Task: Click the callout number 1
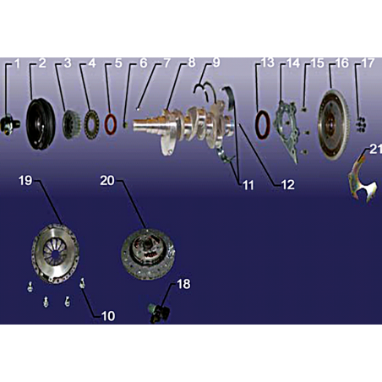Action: pos(18,63)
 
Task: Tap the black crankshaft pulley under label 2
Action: pos(41,123)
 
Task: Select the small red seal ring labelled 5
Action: pos(111,124)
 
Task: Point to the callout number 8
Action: pos(192,63)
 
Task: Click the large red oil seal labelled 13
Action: pos(263,125)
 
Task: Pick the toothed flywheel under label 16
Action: pos(334,124)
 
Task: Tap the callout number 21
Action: pos(375,150)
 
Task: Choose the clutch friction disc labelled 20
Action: pos(148,254)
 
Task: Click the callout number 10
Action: pos(108,316)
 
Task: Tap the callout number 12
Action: pos(287,185)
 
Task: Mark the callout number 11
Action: pos(248,185)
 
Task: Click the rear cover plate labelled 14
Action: pos(286,132)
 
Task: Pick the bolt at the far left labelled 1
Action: pos(9,124)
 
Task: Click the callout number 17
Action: pos(368,63)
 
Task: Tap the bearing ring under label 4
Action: pos(91,124)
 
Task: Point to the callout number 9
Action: pos(216,63)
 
